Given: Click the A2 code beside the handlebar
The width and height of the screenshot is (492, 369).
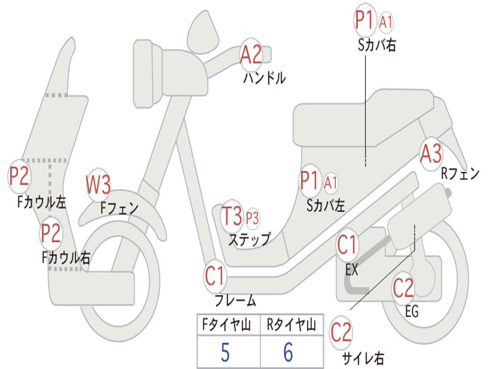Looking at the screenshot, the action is (251, 54).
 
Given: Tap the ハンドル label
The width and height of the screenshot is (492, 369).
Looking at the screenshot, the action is (264, 78).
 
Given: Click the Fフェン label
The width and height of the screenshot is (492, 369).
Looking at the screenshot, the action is (120, 208).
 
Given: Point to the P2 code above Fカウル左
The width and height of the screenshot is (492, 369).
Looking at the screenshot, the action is (20, 176).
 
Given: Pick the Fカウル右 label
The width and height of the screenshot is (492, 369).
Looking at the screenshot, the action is (66, 258).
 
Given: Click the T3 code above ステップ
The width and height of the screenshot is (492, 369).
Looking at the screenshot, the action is (232, 216).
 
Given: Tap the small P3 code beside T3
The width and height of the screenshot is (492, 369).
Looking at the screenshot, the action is (252, 218).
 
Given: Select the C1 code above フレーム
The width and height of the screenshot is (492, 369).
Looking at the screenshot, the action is (215, 276).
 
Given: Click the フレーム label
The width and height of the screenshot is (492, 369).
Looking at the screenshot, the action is (235, 301).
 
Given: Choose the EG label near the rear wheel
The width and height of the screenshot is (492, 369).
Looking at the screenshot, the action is (412, 311).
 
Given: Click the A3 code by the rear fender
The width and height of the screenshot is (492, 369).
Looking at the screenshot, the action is (430, 154).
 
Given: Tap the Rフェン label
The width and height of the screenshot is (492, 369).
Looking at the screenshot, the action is (460, 174).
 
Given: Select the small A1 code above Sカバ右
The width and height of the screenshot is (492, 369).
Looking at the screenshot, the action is (386, 21).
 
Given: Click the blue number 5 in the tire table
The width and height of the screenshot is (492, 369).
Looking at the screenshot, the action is (225, 352).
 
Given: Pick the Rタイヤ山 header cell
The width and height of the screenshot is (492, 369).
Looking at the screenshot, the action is (291, 325).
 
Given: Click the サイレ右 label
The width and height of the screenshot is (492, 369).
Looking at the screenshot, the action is (363, 357).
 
